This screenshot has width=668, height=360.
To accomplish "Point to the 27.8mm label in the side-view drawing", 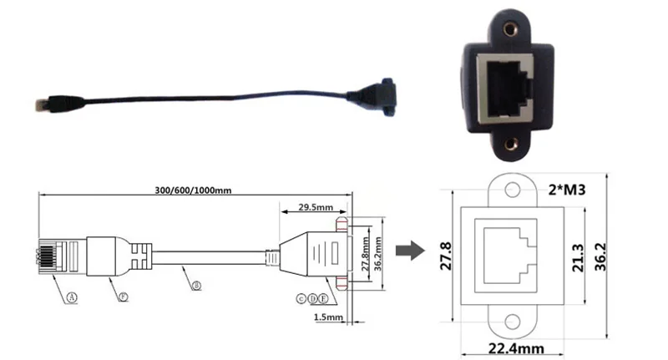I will [365, 254].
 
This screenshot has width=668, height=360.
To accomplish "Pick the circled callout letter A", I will [72, 296].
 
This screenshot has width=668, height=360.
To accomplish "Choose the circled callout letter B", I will [195, 286].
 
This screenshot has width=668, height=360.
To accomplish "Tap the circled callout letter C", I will [301, 298].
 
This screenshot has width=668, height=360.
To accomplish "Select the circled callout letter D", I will [311, 298].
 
